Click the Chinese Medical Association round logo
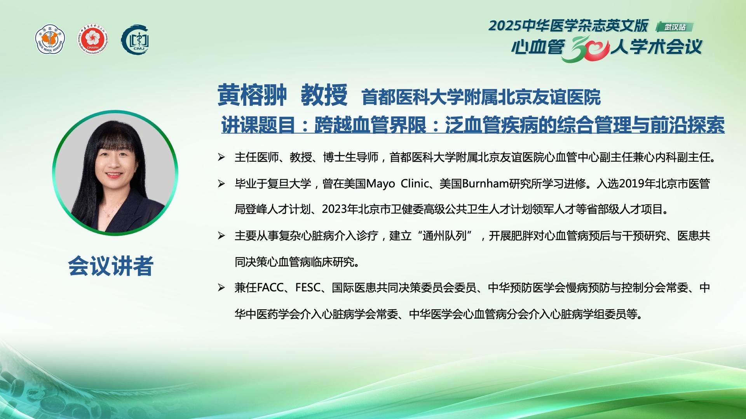[50, 40]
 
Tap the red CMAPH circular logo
[93, 40]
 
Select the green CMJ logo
[135, 40]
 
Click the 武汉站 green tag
[675, 27]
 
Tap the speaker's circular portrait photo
[115, 173]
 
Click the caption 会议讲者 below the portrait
[111, 266]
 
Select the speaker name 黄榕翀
[252, 95]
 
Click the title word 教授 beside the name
[324, 95]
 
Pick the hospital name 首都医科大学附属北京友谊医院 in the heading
[481, 97]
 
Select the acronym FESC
[308, 288]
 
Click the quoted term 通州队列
[444, 235]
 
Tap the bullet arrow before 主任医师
[221, 158]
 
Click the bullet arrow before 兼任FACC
[221, 288]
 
